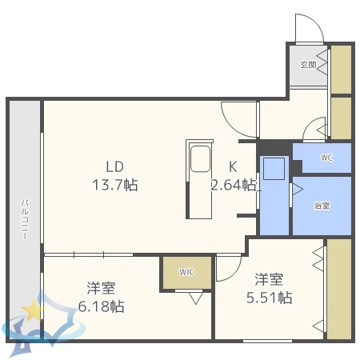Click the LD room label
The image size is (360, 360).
115,166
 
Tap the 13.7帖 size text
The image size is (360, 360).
115,185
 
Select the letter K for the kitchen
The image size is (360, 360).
234,166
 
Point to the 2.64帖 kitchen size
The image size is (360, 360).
234,185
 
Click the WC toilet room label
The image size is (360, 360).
326,158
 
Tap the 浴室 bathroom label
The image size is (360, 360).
322,206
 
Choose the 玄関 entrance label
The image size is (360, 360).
308,64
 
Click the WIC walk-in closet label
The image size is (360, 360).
186,272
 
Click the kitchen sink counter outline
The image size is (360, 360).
199,178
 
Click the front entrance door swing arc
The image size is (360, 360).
308,30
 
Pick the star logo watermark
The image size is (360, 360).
32,307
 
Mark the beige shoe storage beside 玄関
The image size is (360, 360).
341,70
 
